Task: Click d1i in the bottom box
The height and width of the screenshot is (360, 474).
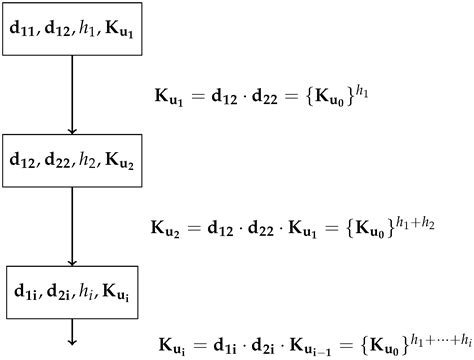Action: (27, 290)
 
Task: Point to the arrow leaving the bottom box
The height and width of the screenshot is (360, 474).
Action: (71, 331)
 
